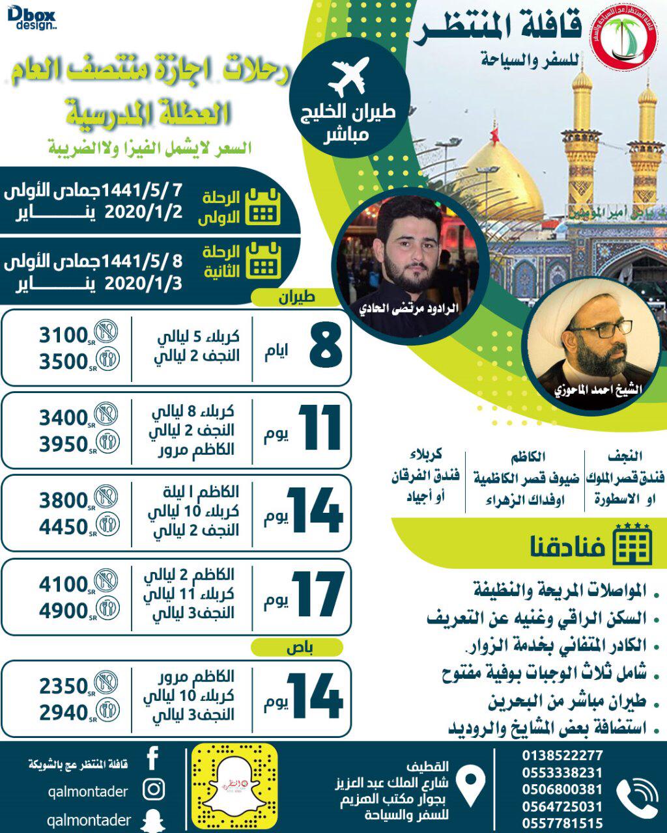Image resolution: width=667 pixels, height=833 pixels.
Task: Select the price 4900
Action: [63, 610]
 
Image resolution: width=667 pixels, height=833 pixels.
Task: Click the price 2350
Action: [63, 686]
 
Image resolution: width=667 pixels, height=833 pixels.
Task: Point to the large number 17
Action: [317, 594]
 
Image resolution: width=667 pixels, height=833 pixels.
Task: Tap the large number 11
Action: [320, 428]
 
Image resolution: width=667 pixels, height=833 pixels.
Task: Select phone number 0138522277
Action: [562, 756]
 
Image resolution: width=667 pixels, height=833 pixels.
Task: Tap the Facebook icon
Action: [153, 759]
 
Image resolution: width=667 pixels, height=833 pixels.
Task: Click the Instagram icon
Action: [154, 790]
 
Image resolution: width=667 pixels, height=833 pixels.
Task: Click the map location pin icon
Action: [472, 785]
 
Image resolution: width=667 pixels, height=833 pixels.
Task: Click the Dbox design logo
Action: [33, 18]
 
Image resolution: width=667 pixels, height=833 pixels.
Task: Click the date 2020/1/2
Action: [143, 213]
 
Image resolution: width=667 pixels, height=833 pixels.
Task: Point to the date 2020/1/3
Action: [143, 284]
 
